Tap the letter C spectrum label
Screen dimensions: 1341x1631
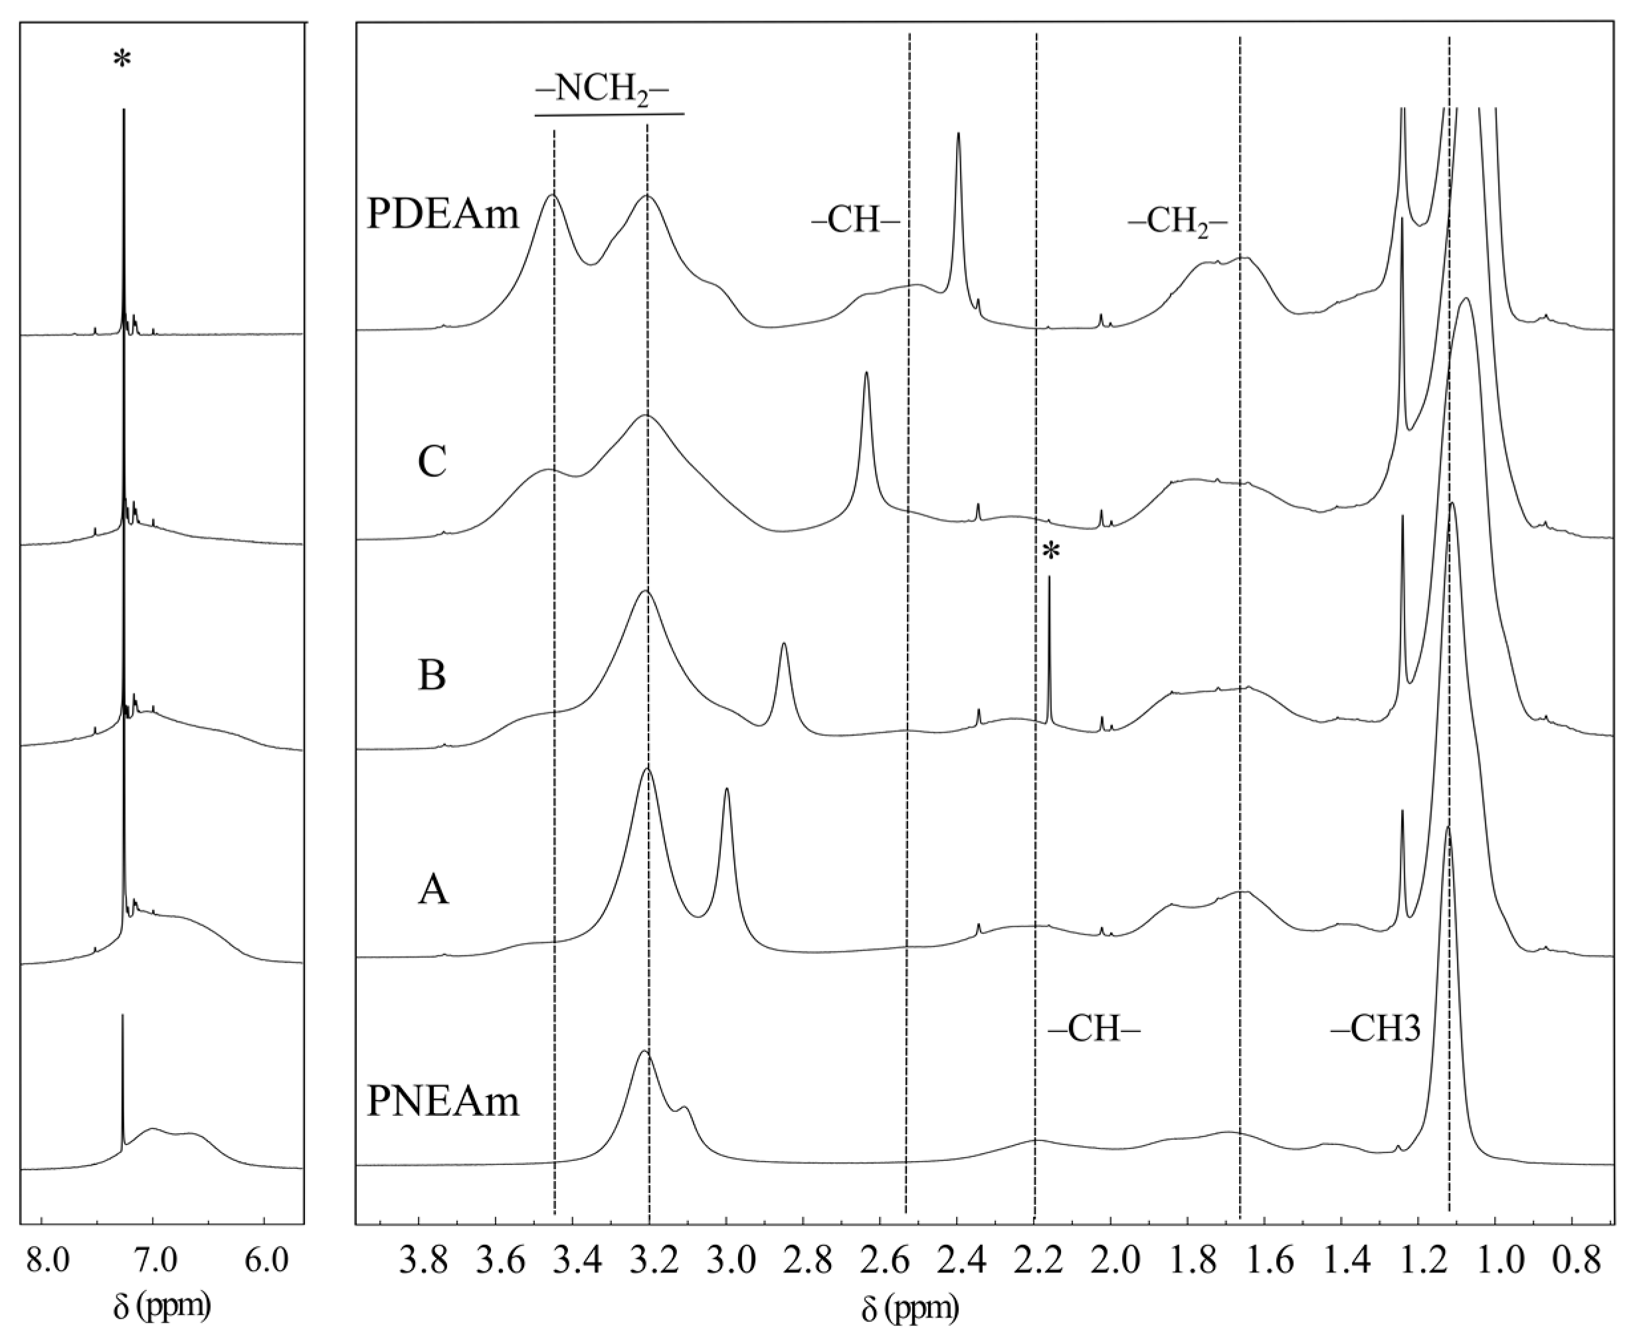(x=432, y=463)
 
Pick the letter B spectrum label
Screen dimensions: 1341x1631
(x=432, y=676)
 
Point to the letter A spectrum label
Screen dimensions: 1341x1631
(x=432, y=891)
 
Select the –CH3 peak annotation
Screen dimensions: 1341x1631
(x=1375, y=1029)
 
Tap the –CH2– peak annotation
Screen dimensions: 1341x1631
(x=1177, y=222)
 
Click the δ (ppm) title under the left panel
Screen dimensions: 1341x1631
(x=161, y=1306)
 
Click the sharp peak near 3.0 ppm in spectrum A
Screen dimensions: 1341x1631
(x=726, y=790)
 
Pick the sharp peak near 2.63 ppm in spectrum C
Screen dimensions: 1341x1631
(x=866, y=374)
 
